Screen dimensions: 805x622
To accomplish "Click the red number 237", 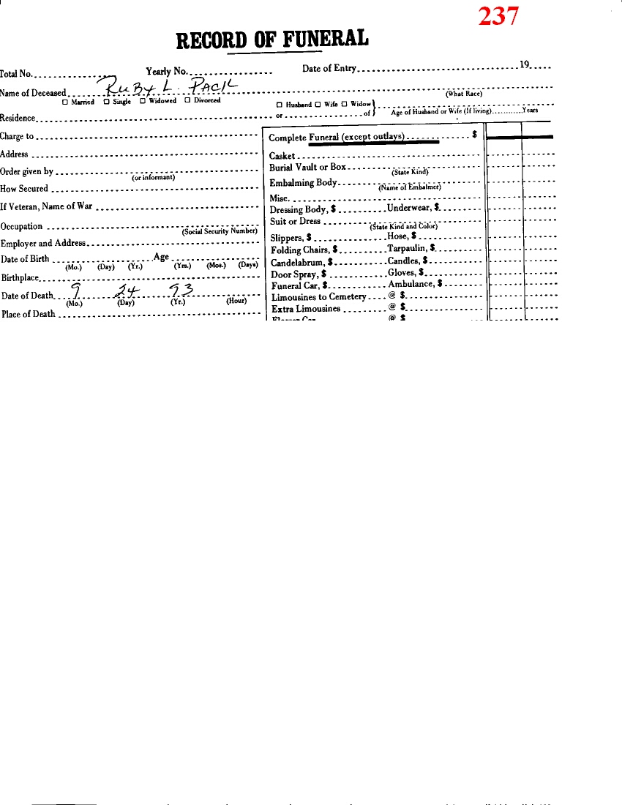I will point(499,15).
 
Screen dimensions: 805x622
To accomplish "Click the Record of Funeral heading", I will point(273,38).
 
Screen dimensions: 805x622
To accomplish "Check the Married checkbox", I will point(65,102).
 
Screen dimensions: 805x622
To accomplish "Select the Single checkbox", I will point(106,102).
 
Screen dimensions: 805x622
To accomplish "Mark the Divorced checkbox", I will point(187,101).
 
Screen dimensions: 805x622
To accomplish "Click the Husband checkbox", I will point(280,105).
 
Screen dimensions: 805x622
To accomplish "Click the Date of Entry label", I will point(329,69).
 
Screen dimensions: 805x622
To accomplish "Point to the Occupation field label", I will point(21,227).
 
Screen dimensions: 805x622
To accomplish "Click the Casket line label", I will point(282,157).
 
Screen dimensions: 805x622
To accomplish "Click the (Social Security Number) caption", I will point(220,231).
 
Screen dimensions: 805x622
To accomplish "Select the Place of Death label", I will point(28,315).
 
